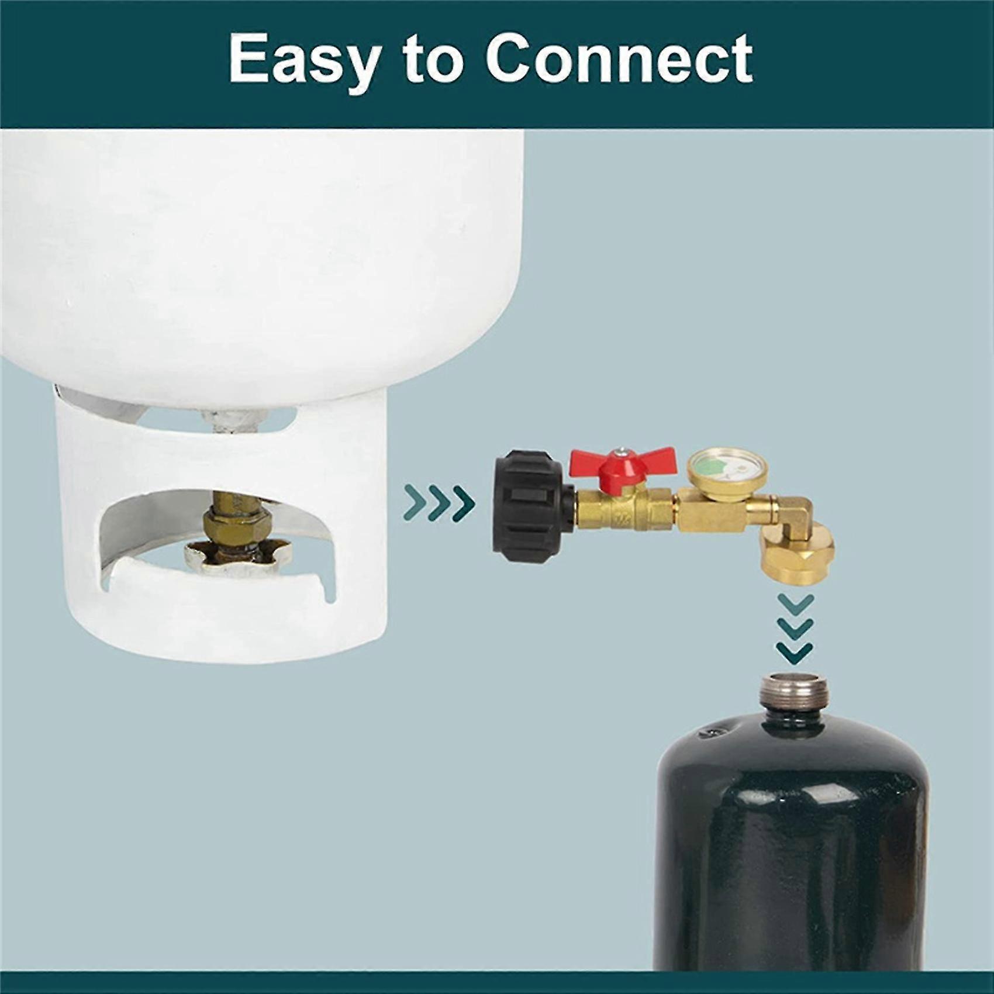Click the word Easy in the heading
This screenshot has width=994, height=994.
tap(303, 60)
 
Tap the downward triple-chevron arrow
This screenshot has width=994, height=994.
tap(795, 628)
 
